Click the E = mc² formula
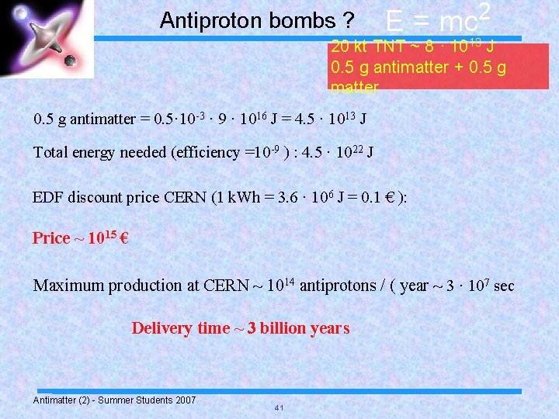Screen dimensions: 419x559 439,19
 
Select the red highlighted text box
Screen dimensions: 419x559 439,67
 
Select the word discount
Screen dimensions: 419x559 95,197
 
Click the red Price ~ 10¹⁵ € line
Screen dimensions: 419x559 80,237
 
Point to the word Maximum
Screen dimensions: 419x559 68,286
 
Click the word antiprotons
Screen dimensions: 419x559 336,286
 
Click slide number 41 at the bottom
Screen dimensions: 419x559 278,408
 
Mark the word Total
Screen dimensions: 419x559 50,152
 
